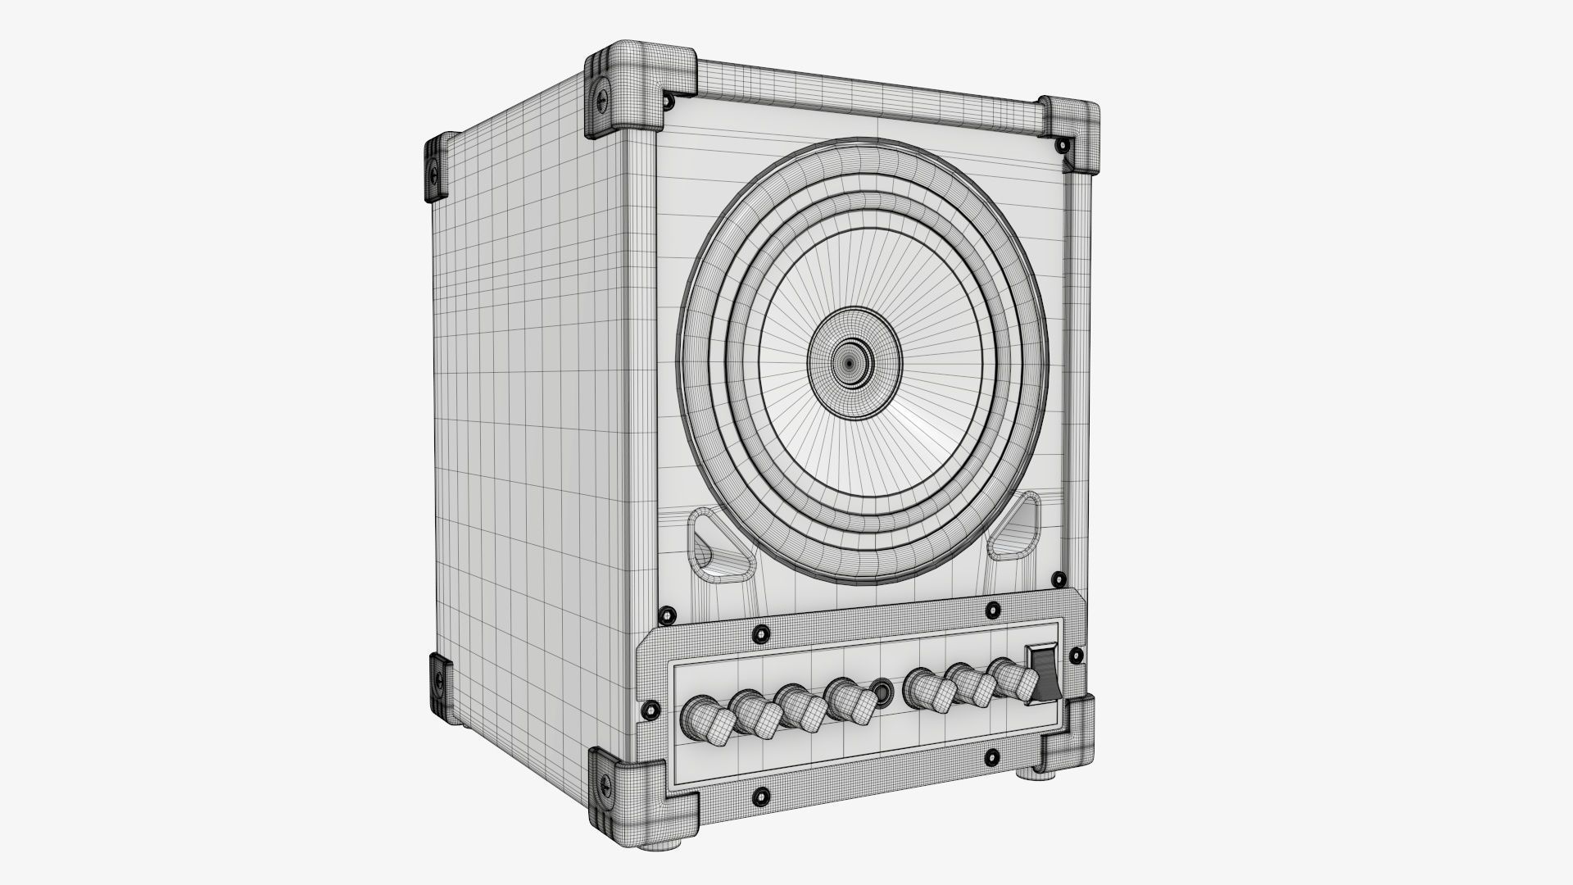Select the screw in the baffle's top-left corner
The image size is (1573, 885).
669,101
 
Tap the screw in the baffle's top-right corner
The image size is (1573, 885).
1062,147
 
